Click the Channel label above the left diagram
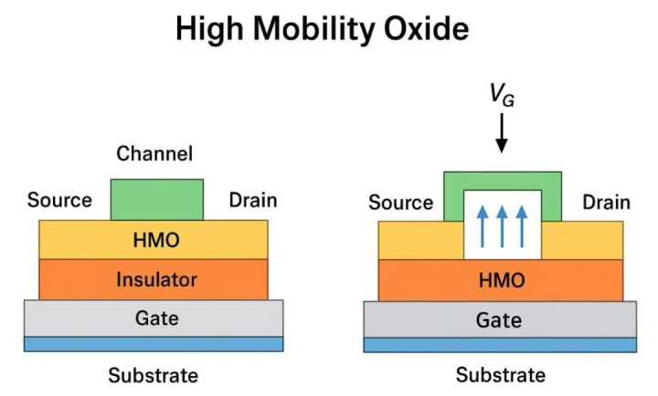154,154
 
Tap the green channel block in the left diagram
157,199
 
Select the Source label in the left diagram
60,200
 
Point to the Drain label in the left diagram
251,200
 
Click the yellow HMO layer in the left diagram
153,239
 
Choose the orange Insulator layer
153,279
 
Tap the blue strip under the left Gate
153,344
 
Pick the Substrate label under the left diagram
153,375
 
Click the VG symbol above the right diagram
501,94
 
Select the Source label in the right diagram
401,202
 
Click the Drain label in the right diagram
606,202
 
